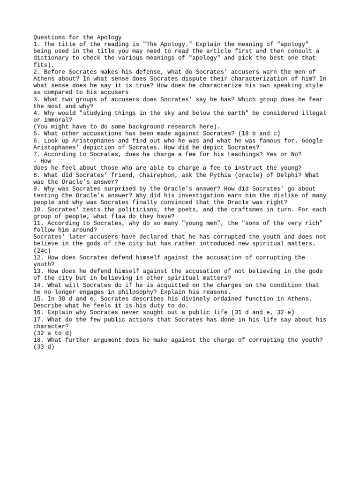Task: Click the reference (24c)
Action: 44,250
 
